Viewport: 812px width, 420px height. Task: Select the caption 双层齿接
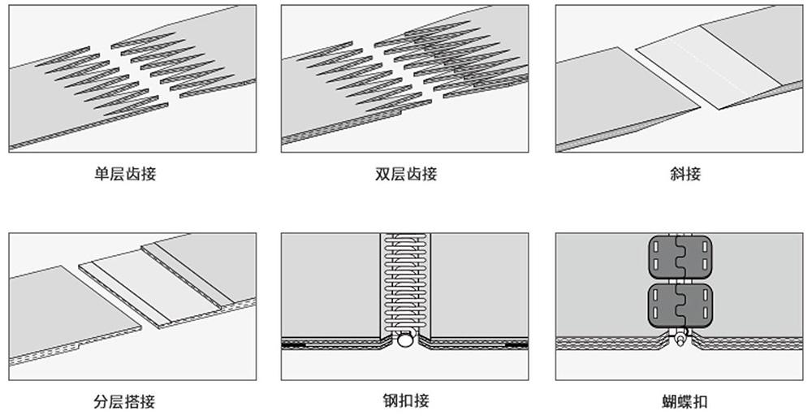pos(405,174)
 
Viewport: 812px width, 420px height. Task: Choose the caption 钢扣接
pos(405,401)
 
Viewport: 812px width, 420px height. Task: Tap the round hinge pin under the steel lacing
pos(404,342)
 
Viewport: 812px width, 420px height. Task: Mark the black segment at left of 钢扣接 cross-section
pos(294,344)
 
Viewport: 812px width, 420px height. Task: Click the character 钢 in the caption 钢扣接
pos(390,401)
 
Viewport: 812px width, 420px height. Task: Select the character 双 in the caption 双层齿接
pos(382,174)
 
